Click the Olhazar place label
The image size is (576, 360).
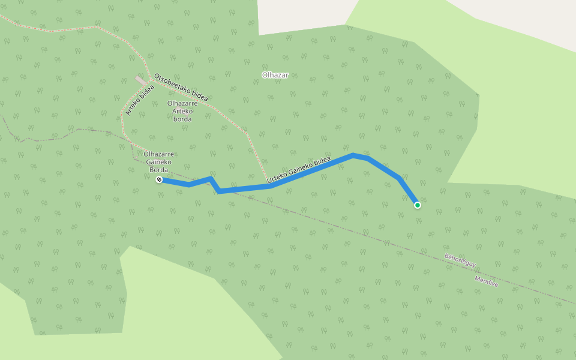pyautogui.click(x=275, y=75)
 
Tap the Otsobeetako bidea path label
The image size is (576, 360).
pyautogui.click(x=181, y=87)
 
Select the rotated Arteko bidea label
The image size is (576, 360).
pyautogui.click(x=139, y=100)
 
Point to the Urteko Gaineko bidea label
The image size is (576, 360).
pyautogui.click(x=298, y=170)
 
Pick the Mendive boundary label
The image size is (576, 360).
pyautogui.click(x=487, y=281)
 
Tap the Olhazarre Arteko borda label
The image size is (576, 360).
pyautogui.click(x=182, y=111)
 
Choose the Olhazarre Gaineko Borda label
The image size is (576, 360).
pyautogui.click(x=158, y=161)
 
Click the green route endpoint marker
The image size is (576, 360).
pyautogui.click(x=418, y=205)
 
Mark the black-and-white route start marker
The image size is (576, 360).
pyautogui.click(x=159, y=179)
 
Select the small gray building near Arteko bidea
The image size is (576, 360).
pyautogui.click(x=140, y=80)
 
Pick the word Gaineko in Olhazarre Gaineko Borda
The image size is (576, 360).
pyautogui.click(x=158, y=162)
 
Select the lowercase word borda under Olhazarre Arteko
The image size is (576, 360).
pyautogui.click(x=182, y=119)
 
